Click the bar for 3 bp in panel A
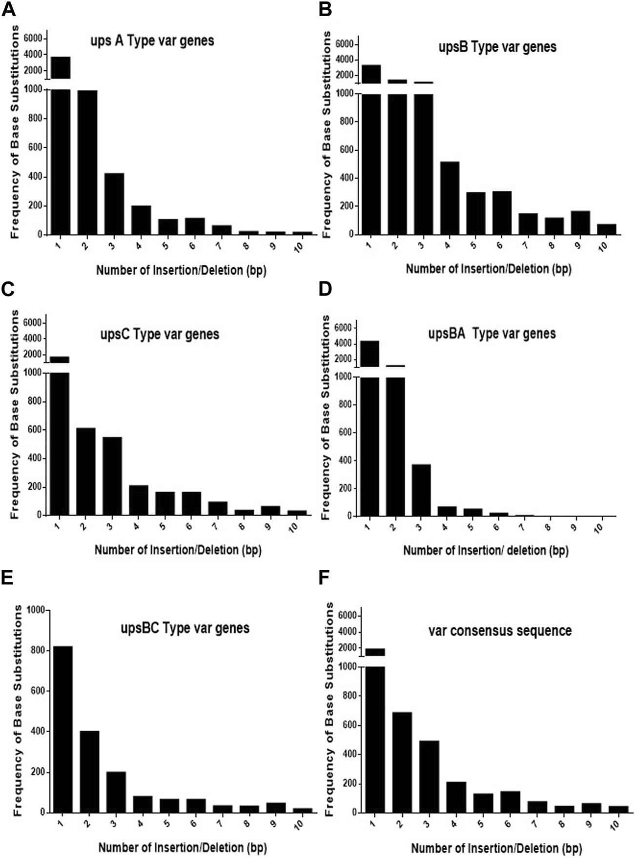coord(114,204)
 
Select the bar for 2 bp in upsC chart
coord(85,471)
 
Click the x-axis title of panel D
coord(485,551)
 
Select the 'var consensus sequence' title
coord(500,631)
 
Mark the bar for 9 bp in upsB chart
coord(580,222)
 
